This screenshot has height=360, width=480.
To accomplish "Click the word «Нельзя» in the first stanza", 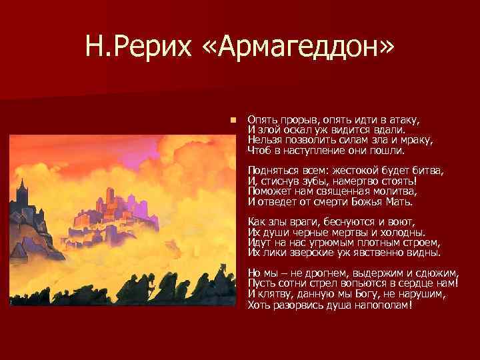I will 263,141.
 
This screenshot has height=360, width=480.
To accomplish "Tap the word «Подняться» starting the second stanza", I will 271,171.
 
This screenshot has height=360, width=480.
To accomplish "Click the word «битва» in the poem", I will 427,171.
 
